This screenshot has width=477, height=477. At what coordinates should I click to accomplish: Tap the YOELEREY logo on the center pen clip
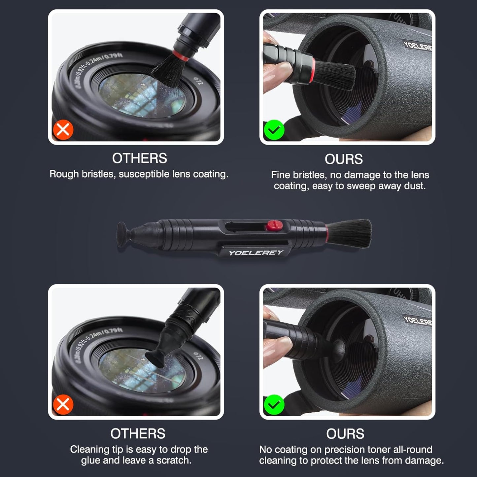tap(256, 253)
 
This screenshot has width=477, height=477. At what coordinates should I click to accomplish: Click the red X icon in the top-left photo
tap(63, 130)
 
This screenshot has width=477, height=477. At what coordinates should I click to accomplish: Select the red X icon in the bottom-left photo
tap(63, 404)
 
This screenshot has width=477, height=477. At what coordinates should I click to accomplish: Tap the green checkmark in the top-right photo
tap(274, 130)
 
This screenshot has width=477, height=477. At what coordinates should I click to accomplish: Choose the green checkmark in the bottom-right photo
tap(274, 405)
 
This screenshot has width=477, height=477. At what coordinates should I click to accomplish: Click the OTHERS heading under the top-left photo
tap(139, 158)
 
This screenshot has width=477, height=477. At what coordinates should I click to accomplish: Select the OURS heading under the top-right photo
tap(344, 159)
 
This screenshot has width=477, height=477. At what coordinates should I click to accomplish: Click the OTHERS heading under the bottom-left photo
tap(138, 433)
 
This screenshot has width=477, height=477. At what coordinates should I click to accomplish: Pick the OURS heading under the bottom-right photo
tap(345, 434)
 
